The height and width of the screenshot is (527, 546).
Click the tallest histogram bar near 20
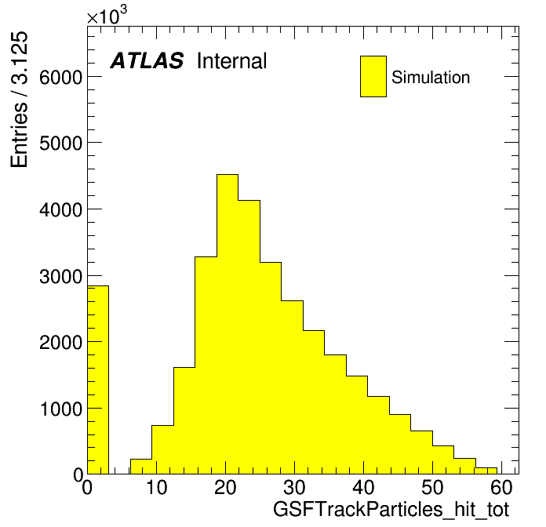227,324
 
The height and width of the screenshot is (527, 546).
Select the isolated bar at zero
98,380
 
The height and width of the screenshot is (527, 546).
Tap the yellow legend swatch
373,76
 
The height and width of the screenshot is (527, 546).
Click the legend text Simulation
431,77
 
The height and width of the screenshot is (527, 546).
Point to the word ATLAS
147,60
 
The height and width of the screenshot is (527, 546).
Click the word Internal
232,60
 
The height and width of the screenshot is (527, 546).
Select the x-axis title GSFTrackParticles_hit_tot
391,511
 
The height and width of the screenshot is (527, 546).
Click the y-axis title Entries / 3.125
19,100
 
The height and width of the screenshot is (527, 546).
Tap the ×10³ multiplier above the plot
107,15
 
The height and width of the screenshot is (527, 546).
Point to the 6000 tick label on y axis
60,77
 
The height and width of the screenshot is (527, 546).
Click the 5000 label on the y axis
60,143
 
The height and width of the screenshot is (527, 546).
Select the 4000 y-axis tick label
60,210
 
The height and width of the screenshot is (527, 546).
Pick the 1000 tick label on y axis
61,409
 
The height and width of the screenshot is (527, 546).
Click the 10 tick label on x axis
156,487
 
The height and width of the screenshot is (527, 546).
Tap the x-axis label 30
295,487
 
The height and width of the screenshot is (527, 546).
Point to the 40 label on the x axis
363,487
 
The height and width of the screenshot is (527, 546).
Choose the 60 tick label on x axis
501,487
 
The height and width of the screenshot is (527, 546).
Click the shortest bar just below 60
486,471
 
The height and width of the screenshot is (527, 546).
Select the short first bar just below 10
141,467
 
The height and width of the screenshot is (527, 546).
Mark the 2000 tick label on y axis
60,343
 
